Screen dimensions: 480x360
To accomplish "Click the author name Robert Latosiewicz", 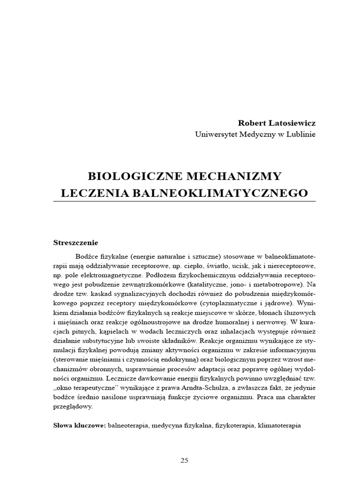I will pyautogui.click(x=277, y=123).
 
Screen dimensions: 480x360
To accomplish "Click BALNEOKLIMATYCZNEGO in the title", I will pyautogui.click(x=219, y=193).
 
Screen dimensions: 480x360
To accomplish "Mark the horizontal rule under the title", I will pyautogui.click(x=184, y=202).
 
